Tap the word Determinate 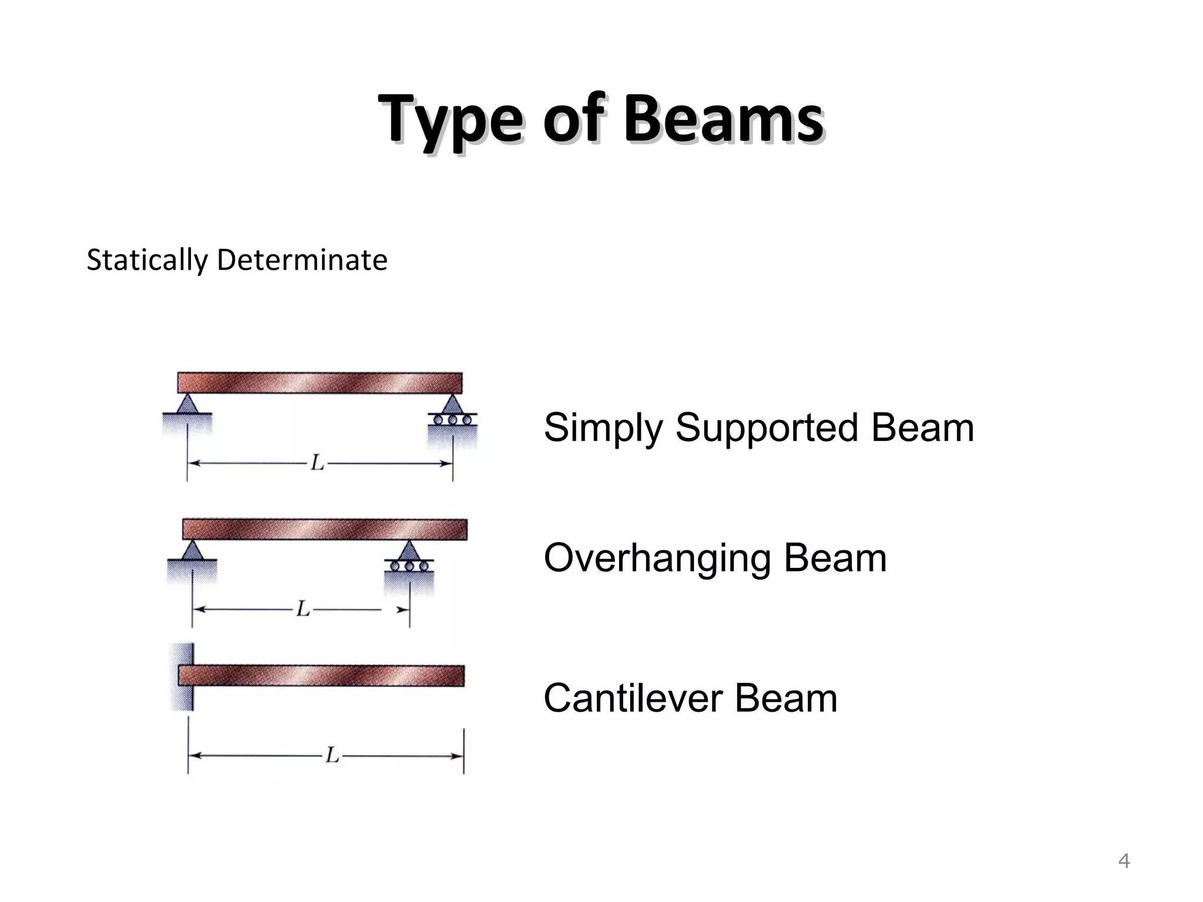tap(302, 260)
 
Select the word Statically tap(147, 261)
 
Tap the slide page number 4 tap(1124, 861)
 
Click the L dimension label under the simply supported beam tap(317, 463)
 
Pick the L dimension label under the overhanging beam tap(303, 609)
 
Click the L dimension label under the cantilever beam tap(333, 755)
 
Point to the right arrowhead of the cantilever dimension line tap(458, 755)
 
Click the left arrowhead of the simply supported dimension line tap(194, 463)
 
